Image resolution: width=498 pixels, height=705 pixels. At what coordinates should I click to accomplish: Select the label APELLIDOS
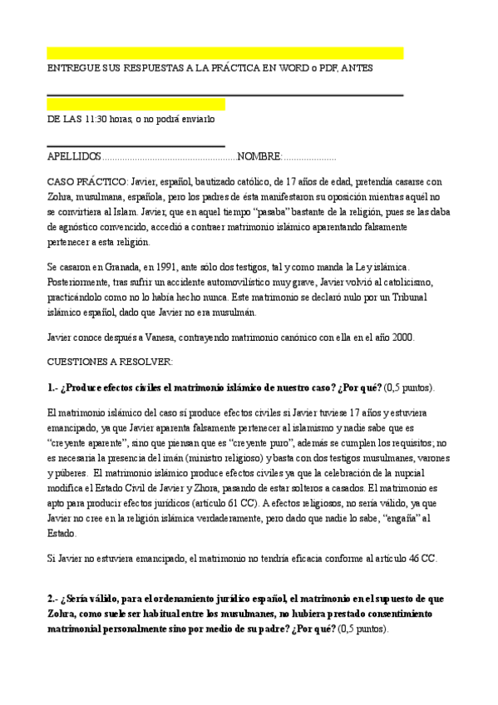tap(74, 156)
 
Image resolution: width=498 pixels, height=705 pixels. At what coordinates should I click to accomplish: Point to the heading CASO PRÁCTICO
tap(86, 181)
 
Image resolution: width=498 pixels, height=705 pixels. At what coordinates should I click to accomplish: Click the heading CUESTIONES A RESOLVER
tap(109, 362)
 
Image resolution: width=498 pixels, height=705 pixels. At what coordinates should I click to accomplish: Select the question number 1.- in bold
tap(53, 387)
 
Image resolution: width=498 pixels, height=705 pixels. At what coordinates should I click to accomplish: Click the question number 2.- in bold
tap(53, 599)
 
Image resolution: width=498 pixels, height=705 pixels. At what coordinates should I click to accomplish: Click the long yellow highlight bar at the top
tap(224, 53)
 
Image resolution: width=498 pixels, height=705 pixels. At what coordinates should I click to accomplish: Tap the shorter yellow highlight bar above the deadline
tap(136, 105)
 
